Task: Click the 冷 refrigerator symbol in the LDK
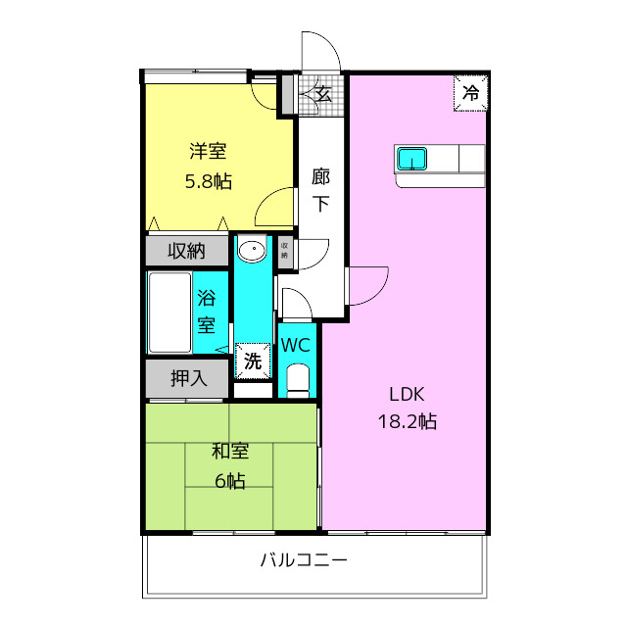(470, 95)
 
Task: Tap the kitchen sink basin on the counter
(411, 158)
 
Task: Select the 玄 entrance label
(323, 95)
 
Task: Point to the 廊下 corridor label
(321, 191)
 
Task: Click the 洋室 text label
(209, 152)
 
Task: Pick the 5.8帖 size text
(209, 181)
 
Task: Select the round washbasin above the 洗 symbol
(253, 251)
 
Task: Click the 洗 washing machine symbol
(253, 361)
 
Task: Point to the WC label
(297, 345)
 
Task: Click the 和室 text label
(231, 452)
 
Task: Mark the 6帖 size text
(231, 481)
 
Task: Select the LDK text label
(406, 395)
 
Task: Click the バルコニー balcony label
(305, 562)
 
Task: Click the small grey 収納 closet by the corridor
(285, 250)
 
